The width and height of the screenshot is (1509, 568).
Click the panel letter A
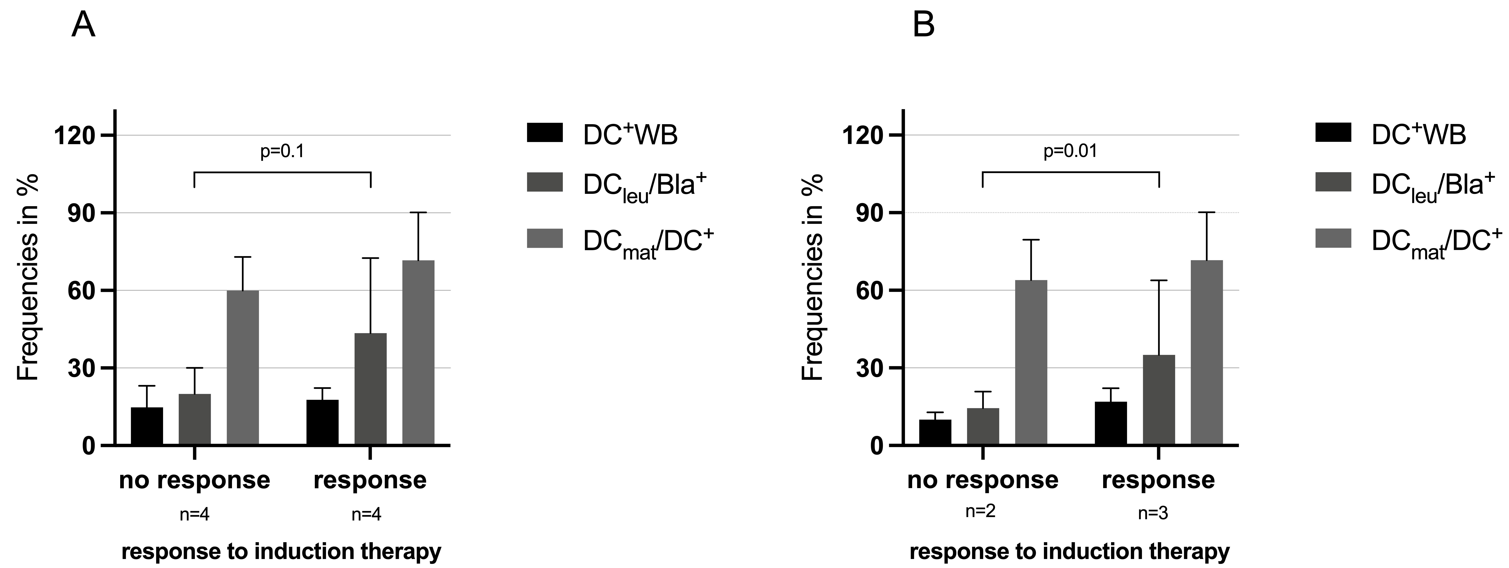pyautogui.click(x=83, y=26)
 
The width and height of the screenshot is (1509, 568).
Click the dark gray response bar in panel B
pyautogui.click(x=1159, y=400)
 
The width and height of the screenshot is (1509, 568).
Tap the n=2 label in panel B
pyautogui.click(x=981, y=511)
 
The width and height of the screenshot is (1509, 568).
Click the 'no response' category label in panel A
pyautogui.click(x=195, y=480)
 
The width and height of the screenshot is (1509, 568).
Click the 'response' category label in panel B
pyautogui.click(x=1158, y=480)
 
